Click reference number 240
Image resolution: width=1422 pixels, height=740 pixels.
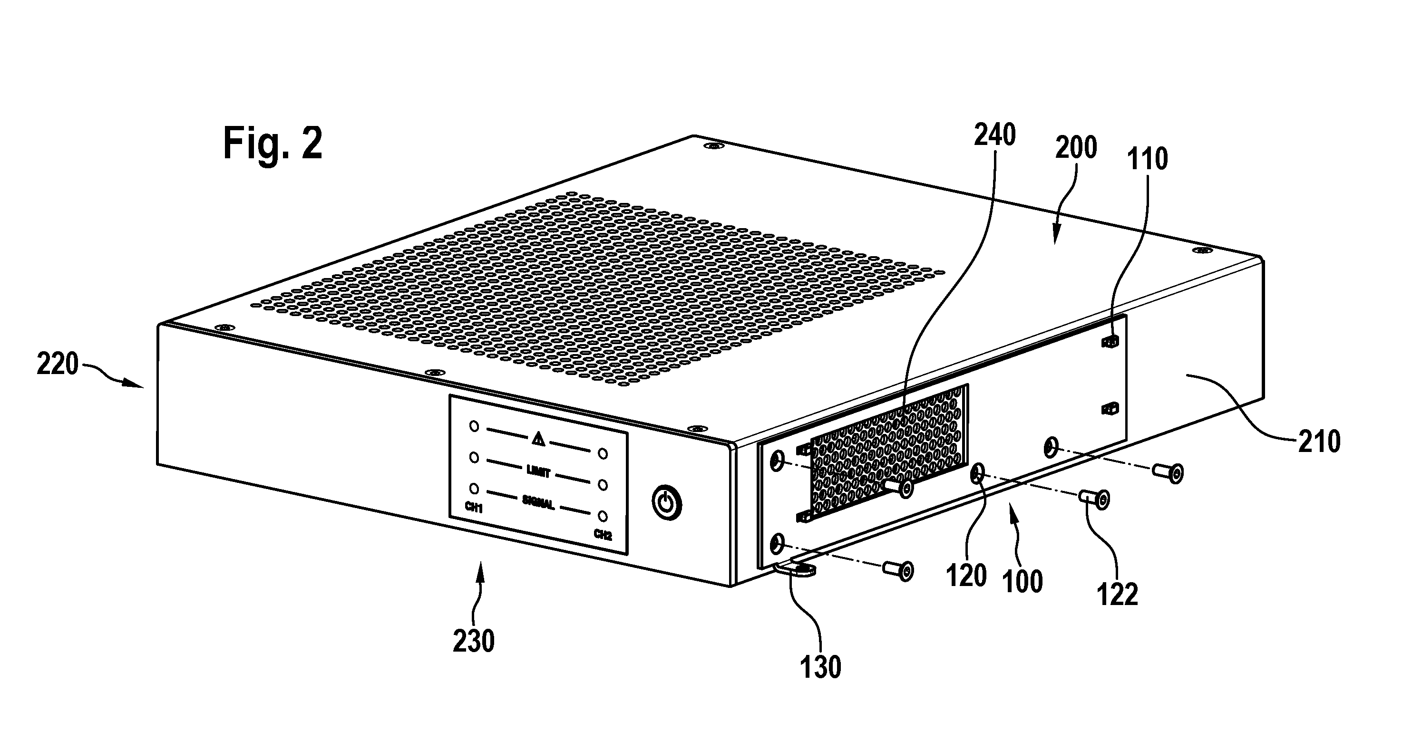(995, 135)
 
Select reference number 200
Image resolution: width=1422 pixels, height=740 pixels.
(1076, 147)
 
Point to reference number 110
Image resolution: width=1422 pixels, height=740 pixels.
(1148, 159)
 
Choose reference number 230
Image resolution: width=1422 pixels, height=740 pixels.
(474, 641)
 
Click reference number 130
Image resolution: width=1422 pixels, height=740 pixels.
(820, 667)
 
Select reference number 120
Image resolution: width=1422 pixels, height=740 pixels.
(966, 576)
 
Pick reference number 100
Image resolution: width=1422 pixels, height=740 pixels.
(1023, 582)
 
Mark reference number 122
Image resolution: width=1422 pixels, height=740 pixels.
(1118, 595)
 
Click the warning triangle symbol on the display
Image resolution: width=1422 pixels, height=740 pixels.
(538, 439)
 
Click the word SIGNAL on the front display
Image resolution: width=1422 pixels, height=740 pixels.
(538, 503)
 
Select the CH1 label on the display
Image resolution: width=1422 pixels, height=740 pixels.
(474, 508)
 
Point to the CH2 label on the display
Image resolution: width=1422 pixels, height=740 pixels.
(603, 534)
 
